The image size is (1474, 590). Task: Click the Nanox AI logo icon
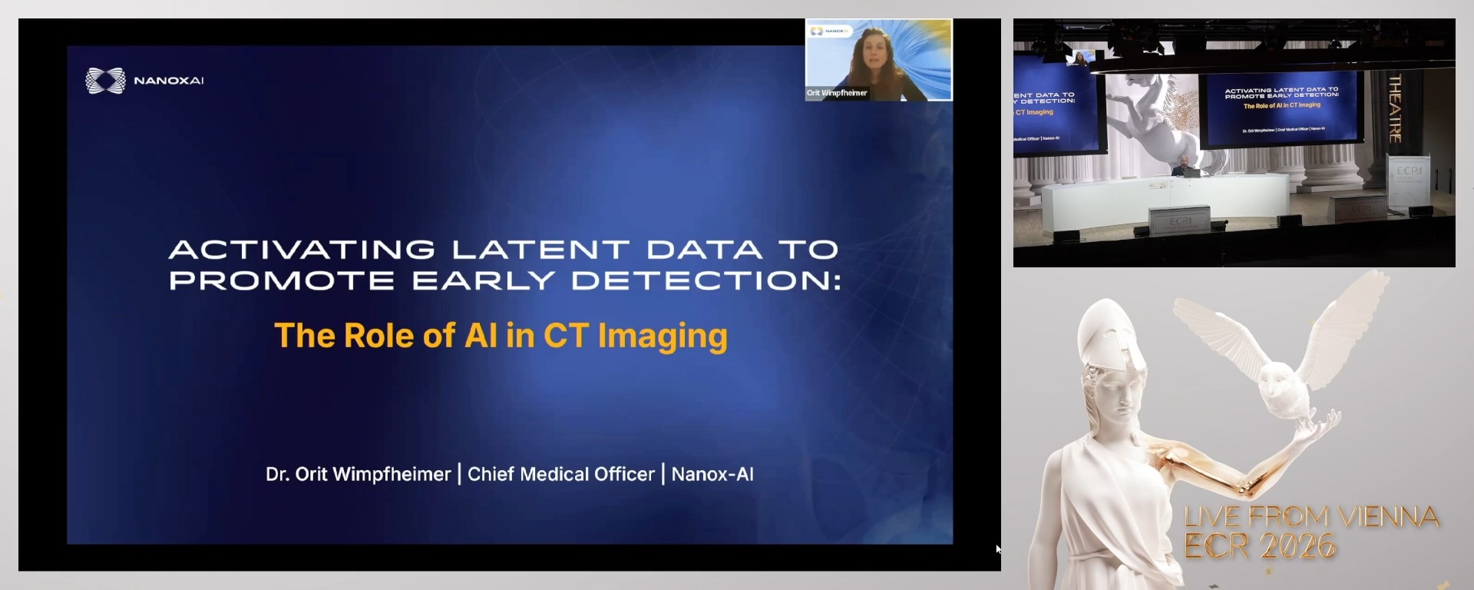[105, 81]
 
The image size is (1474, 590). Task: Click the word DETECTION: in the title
[706, 280]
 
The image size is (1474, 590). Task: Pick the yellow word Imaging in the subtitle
[663, 336]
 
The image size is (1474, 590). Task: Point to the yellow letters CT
[566, 336]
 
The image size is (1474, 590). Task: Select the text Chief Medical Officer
[561, 474]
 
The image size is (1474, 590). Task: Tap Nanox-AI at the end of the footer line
[712, 474]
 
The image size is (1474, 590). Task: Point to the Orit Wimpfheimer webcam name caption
[837, 93]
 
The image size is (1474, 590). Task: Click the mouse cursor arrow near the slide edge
[998, 549]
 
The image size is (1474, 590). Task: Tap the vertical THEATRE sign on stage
[1395, 108]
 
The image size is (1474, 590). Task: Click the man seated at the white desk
[1185, 166]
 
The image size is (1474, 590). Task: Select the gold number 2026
[1297, 546]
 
